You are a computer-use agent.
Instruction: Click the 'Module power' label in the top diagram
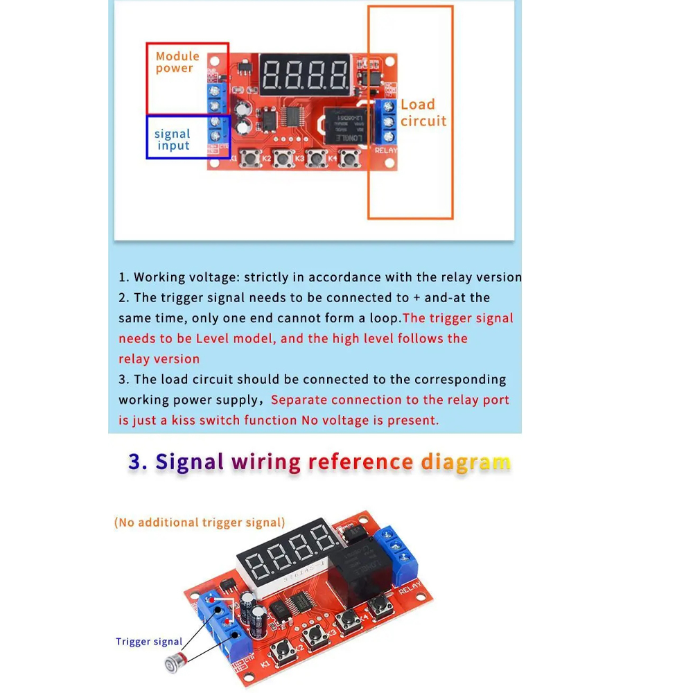pos(177,62)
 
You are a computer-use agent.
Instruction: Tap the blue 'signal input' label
pos(173,140)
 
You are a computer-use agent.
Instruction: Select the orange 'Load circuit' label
pos(423,113)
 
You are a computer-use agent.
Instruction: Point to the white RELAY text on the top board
pos(386,150)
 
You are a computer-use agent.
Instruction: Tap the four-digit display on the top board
pos(305,73)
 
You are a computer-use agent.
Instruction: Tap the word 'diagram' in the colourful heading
pos(465,462)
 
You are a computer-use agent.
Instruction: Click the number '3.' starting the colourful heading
pos(138,462)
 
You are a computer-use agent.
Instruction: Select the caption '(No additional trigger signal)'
pos(200,523)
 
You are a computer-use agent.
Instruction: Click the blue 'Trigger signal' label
pos(149,642)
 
